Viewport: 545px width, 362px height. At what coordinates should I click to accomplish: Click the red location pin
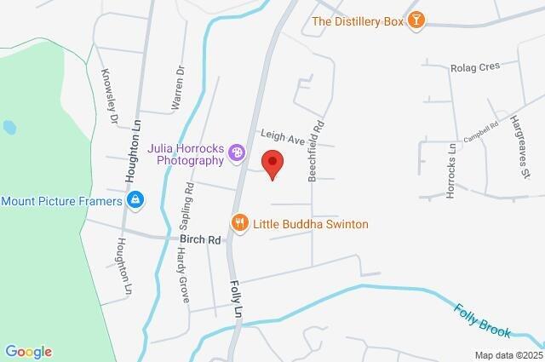coord(272,164)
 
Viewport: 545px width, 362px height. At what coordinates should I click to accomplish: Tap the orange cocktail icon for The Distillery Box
coord(416,20)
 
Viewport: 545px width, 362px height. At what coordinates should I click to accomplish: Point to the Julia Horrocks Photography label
coord(185,153)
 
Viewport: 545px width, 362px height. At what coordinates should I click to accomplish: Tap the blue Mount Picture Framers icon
coord(135,201)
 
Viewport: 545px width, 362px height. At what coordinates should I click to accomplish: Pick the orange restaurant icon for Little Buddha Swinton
coord(239,224)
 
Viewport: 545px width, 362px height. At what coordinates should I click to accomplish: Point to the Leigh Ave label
coord(283,136)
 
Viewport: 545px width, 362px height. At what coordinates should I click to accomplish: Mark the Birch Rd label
coord(200,240)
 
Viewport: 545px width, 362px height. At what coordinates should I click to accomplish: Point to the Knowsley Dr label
coord(109,97)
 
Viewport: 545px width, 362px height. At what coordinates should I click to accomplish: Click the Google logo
coord(28,352)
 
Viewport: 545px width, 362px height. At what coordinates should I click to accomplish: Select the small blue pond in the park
coord(9,128)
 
